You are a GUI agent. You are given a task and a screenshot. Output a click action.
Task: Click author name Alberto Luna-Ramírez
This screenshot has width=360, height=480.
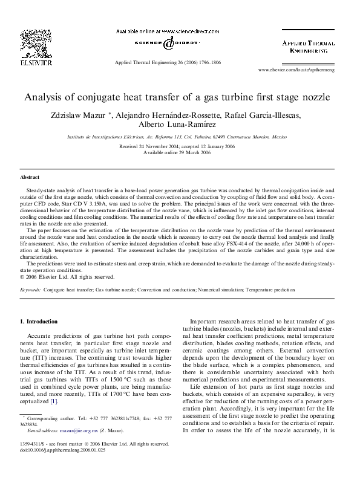pyautogui.click(x=180, y=125)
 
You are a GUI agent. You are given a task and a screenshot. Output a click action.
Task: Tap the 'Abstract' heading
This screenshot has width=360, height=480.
pyautogui.click(x=30, y=178)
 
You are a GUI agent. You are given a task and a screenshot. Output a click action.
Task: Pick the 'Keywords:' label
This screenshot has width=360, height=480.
pyautogui.click(x=30, y=290)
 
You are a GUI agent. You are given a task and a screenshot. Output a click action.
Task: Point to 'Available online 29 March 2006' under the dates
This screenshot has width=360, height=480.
pyautogui.click(x=180, y=152)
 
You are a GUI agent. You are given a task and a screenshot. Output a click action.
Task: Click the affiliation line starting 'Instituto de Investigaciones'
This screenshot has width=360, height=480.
pyautogui.click(x=179, y=138)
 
